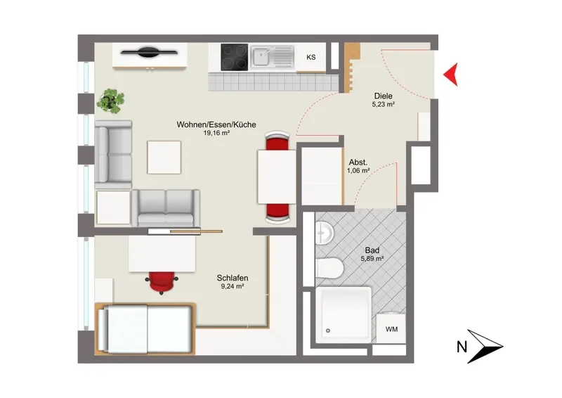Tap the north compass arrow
pyautogui.click(x=485, y=347)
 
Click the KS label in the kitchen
pyautogui.click(x=311, y=57)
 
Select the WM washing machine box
pyautogui.click(x=391, y=328)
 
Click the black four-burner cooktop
pyautogui.click(x=235, y=57)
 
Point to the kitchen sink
pyautogui.click(x=273, y=57)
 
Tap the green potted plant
pyautogui.click(x=111, y=101)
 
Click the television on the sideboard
pyautogui.click(x=149, y=52)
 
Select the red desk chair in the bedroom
pyautogui.click(x=162, y=283)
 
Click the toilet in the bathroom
pyautogui.click(x=329, y=268)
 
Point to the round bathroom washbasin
pyautogui.click(x=325, y=233)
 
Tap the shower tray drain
pyautogui.click(x=327, y=330)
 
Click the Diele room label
pyautogui.click(x=383, y=96)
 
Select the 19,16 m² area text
pyautogui.click(x=216, y=133)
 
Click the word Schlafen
pyautogui.click(x=233, y=278)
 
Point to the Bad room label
pyautogui.click(x=372, y=250)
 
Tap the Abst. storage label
pyautogui.click(x=358, y=162)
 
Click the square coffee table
pyautogui.click(x=164, y=158)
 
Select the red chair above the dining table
pyautogui.click(x=277, y=141)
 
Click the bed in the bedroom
pyautogui.click(x=145, y=328)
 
